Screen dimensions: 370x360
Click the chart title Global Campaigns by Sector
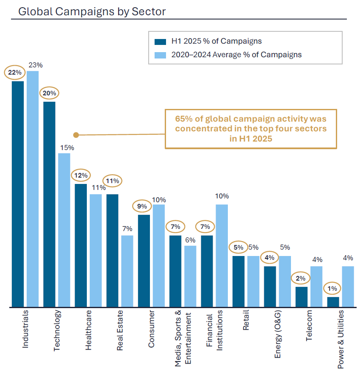91,11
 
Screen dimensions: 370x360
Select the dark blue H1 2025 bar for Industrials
18,194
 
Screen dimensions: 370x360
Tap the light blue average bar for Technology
64,230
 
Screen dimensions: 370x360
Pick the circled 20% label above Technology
50,93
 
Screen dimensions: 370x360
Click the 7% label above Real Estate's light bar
127,229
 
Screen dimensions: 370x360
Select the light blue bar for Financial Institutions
222,256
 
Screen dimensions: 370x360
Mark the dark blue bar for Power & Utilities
333,302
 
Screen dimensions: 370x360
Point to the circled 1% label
333,289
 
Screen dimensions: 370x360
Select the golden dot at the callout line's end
76,135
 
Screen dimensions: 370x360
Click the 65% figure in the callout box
183,119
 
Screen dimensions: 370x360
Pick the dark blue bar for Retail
238,281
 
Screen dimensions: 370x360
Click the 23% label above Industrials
36,65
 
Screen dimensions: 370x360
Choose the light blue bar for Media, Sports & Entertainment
190,276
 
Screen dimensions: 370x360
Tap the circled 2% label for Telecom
301,278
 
